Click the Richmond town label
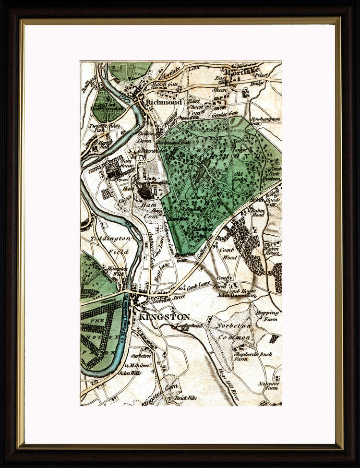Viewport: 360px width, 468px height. pyautogui.click(x=164, y=102)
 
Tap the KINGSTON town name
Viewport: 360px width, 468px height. pyautogui.click(x=165, y=317)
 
